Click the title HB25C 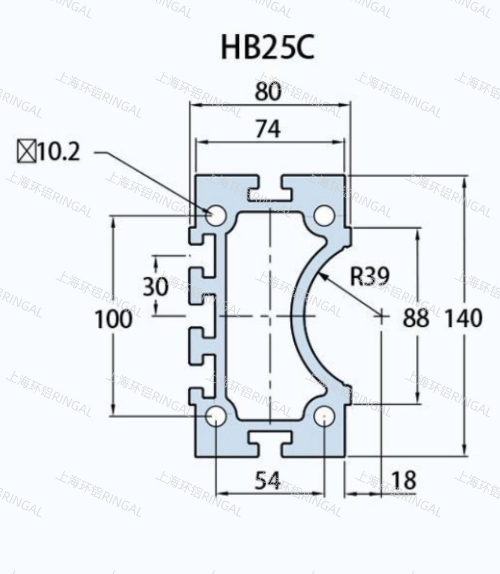[x=267, y=48]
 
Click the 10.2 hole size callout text [x=59, y=152]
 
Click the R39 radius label [x=369, y=276]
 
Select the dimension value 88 [x=416, y=318]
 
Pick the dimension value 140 [x=463, y=318]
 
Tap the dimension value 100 [x=113, y=320]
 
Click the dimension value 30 [x=155, y=287]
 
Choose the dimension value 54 [x=268, y=480]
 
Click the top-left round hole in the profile [x=216, y=216]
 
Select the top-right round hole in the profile [x=324, y=216]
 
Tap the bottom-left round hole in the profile [x=216, y=416]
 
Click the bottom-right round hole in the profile [x=324, y=416]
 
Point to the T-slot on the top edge [x=270, y=189]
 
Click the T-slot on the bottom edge [x=270, y=443]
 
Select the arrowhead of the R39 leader [x=321, y=276]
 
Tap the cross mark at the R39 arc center [x=381, y=316]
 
